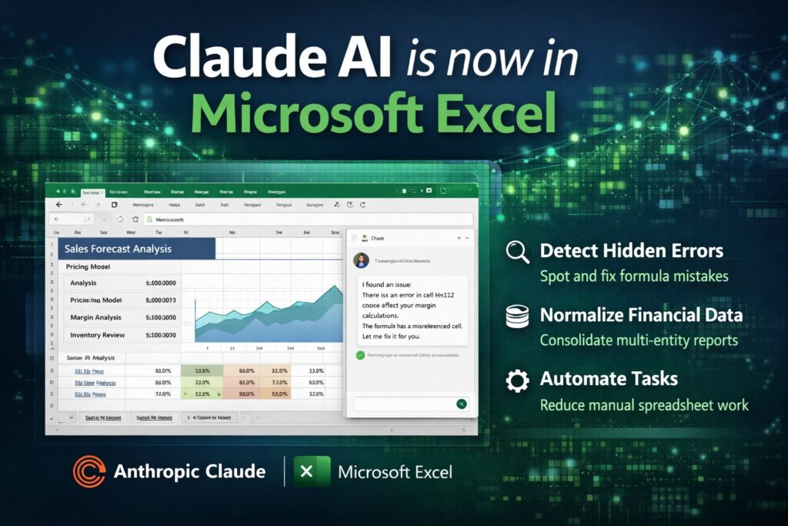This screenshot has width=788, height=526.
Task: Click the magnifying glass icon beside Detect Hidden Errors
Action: pyautogui.click(x=516, y=252)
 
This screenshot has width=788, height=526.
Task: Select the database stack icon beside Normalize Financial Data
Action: pyautogui.click(x=516, y=316)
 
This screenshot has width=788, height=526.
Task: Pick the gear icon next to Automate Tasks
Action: pyautogui.click(x=516, y=380)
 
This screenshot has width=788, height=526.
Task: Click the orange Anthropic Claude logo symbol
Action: pyautogui.click(x=88, y=471)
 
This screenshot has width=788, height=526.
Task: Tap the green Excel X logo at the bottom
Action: pyautogui.click(x=311, y=471)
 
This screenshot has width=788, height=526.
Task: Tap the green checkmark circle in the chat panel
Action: pyautogui.click(x=359, y=355)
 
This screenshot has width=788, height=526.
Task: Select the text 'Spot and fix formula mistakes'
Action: pyautogui.click(x=633, y=275)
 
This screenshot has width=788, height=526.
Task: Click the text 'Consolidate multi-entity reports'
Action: pyautogui.click(x=639, y=340)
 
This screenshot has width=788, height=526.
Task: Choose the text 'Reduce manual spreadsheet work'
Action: pyautogui.click(x=644, y=404)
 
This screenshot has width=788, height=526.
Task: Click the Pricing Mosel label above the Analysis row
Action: pyautogui.click(x=88, y=266)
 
